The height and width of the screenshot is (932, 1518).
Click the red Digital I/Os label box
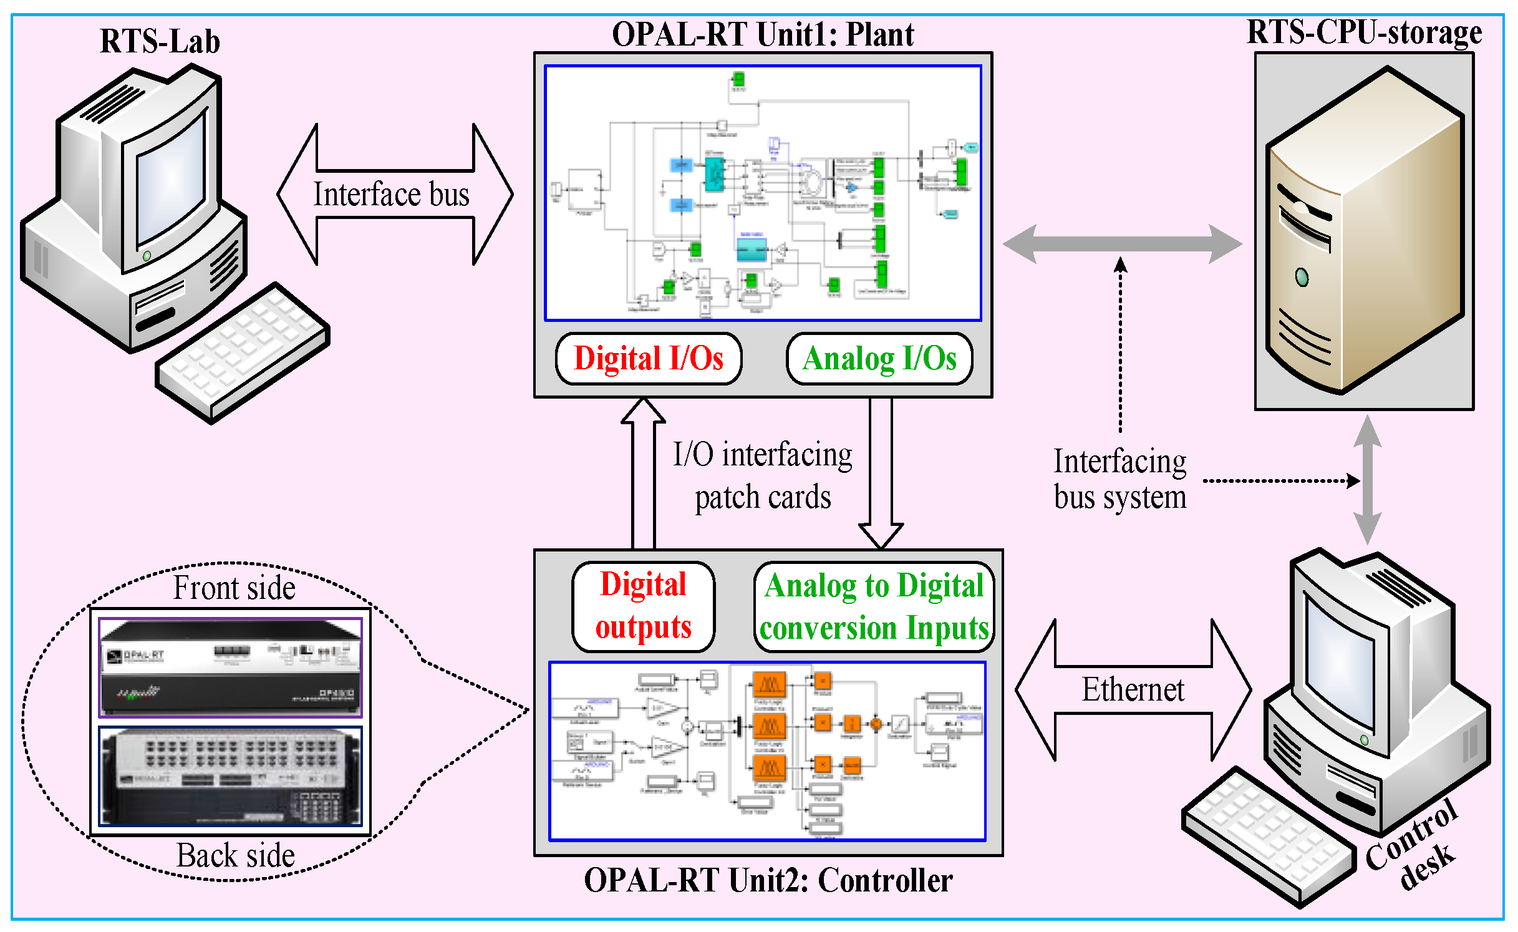click(x=649, y=359)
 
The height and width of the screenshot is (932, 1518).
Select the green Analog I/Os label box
click(x=879, y=359)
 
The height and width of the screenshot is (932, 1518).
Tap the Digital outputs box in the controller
click(x=643, y=606)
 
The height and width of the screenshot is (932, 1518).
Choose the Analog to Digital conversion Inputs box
click(x=874, y=607)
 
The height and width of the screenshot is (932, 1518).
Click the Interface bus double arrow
click(x=394, y=194)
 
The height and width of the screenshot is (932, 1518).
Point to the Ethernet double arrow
click(x=1133, y=690)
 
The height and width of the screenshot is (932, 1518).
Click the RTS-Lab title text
click(x=160, y=41)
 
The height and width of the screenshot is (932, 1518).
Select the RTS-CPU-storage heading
click(x=1364, y=32)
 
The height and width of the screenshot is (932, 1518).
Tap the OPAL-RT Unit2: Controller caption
click(x=768, y=880)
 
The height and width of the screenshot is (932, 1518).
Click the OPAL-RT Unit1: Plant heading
click(x=763, y=34)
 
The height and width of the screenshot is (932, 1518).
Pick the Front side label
click(x=234, y=588)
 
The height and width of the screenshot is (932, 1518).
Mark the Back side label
click(x=235, y=855)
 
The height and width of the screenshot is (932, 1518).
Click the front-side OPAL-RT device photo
click(x=230, y=667)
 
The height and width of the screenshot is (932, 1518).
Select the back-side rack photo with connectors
click(x=230, y=775)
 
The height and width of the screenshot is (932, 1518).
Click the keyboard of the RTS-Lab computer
click(x=243, y=352)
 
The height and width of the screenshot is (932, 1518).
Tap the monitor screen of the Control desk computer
click(x=1338, y=661)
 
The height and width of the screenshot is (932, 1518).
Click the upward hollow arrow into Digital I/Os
click(x=644, y=474)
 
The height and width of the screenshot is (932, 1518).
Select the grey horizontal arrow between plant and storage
click(x=1121, y=243)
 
